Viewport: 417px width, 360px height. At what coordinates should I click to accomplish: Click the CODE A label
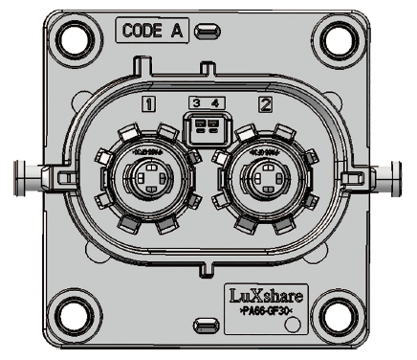(x=153, y=31)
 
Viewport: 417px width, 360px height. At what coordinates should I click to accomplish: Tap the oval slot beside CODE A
(x=204, y=32)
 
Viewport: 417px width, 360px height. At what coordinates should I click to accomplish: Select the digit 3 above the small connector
(x=196, y=102)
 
